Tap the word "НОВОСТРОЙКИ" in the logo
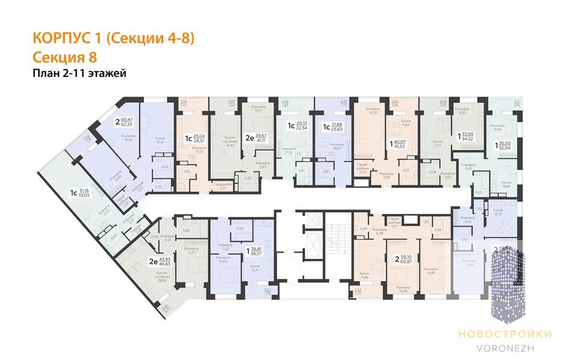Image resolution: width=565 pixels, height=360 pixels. click(x=495, y=334)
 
